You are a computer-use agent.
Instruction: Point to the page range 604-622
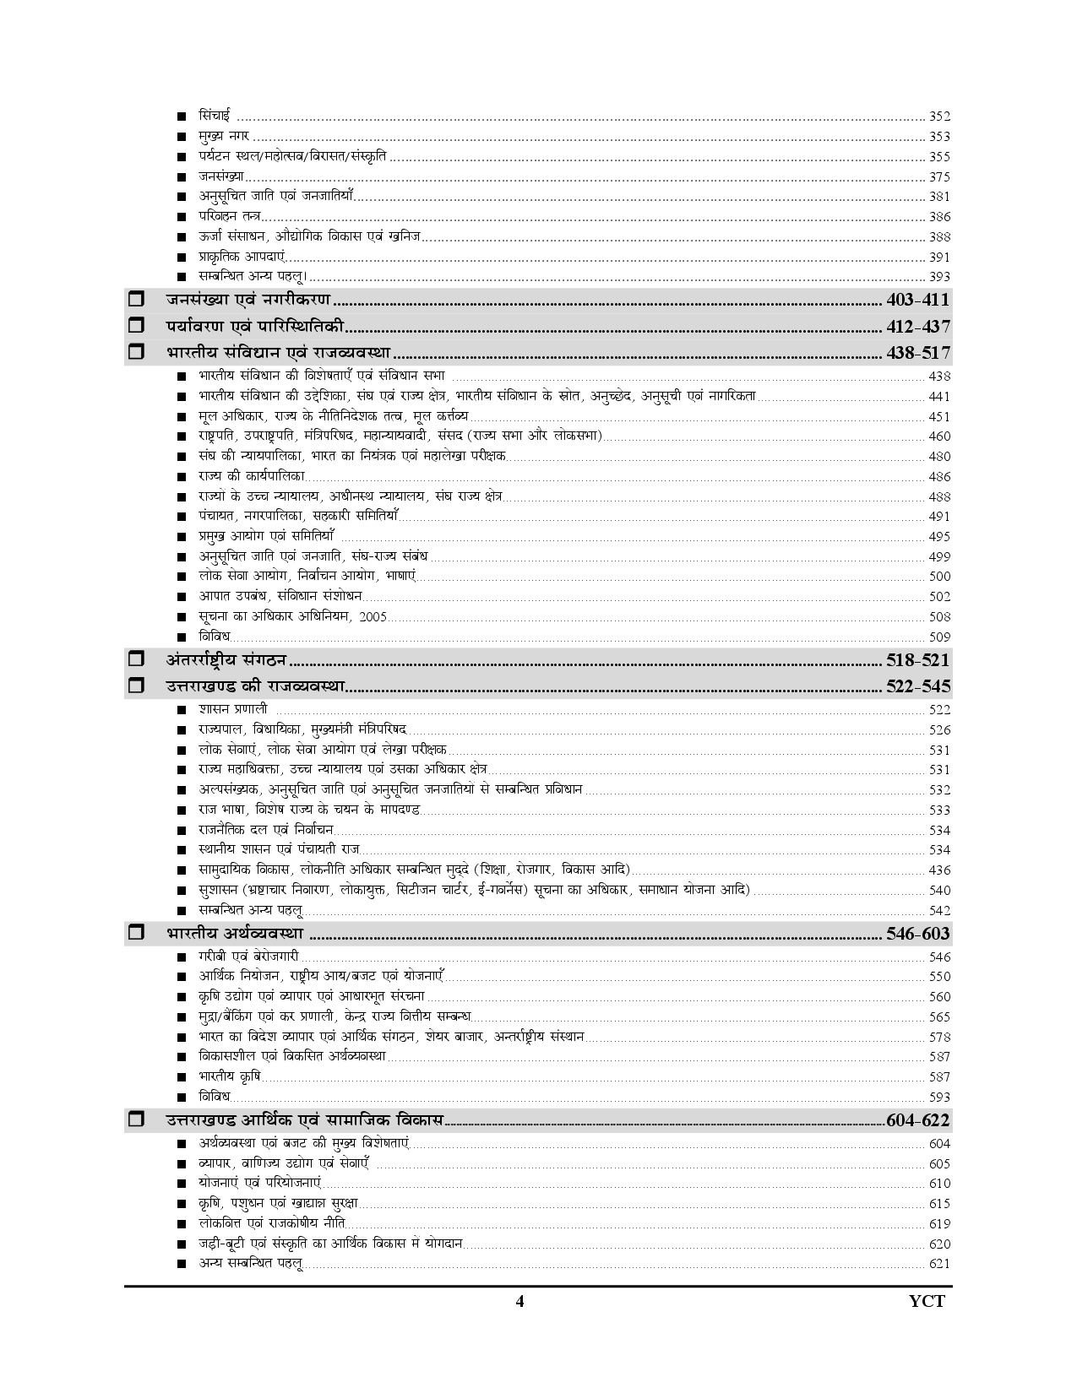point(918,1121)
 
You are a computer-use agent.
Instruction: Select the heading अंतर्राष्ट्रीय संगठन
point(226,660)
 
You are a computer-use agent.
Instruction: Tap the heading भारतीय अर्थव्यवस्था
point(235,934)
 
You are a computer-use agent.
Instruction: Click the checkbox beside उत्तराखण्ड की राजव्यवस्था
point(136,686)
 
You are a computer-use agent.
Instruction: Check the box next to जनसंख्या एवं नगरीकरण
point(136,300)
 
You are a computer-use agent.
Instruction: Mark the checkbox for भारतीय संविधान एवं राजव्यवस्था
point(136,353)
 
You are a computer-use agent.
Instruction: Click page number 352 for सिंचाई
point(939,117)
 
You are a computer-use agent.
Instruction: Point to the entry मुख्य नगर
point(224,137)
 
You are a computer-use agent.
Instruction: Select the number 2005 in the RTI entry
point(373,617)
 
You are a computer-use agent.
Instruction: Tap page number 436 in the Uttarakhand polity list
point(939,870)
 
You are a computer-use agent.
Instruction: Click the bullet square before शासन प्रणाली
point(182,710)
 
